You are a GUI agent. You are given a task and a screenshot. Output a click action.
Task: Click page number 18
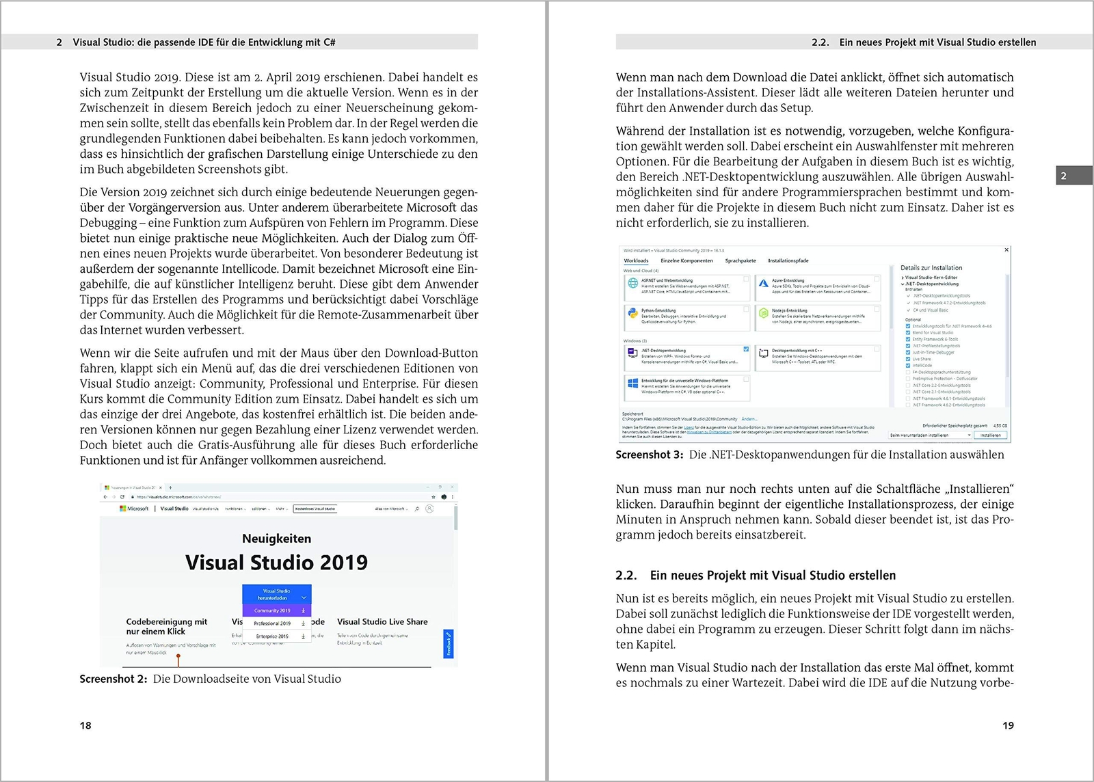click(85, 725)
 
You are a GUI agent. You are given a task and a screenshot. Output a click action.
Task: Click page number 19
click(1008, 725)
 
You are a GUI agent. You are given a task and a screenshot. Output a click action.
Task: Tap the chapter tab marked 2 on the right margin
click(1063, 176)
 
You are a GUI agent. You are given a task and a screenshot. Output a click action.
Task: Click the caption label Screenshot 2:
click(114, 679)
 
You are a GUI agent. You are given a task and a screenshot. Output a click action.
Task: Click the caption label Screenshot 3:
click(650, 455)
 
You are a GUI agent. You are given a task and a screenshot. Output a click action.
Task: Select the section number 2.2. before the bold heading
click(626, 576)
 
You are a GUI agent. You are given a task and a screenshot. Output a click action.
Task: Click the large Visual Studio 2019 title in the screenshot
click(276, 563)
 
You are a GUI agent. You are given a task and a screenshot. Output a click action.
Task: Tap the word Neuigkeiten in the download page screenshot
click(276, 539)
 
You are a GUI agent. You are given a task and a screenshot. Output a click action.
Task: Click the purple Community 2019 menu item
click(273, 610)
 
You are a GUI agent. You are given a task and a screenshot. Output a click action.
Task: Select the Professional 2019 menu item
click(272, 623)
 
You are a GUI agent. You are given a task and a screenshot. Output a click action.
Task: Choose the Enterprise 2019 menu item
click(272, 636)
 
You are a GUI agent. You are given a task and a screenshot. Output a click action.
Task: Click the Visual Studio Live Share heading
click(382, 621)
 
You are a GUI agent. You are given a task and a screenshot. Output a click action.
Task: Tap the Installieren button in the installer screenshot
click(990, 435)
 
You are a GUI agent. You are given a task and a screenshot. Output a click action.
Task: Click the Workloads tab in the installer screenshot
click(636, 260)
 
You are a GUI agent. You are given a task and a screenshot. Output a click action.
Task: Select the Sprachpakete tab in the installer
click(741, 260)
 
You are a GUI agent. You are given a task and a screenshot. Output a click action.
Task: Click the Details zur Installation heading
click(931, 268)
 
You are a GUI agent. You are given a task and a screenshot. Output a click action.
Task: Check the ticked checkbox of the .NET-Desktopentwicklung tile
click(746, 349)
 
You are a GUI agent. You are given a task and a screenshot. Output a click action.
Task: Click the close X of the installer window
click(1006, 250)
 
